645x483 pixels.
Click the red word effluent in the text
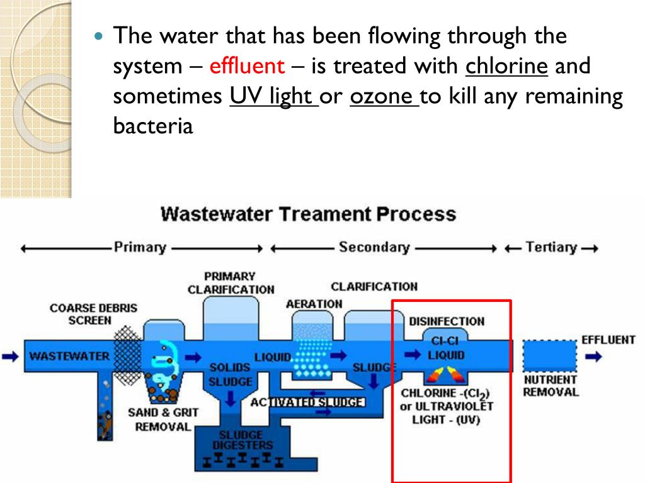click(247, 66)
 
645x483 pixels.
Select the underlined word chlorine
click(506, 66)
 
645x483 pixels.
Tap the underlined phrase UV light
click(274, 97)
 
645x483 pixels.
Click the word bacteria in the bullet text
click(152, 126)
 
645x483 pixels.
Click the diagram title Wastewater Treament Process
click(308, 213)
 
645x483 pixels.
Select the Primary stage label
click(140, 247)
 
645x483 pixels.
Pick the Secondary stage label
click(374, 247)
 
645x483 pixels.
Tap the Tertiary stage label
click(551, 247)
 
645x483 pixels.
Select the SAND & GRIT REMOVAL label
click(163, 419)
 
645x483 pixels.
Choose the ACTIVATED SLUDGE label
click(307, 402)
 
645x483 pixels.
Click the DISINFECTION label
click(447, 321)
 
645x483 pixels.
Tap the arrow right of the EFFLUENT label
click(593, 356)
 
